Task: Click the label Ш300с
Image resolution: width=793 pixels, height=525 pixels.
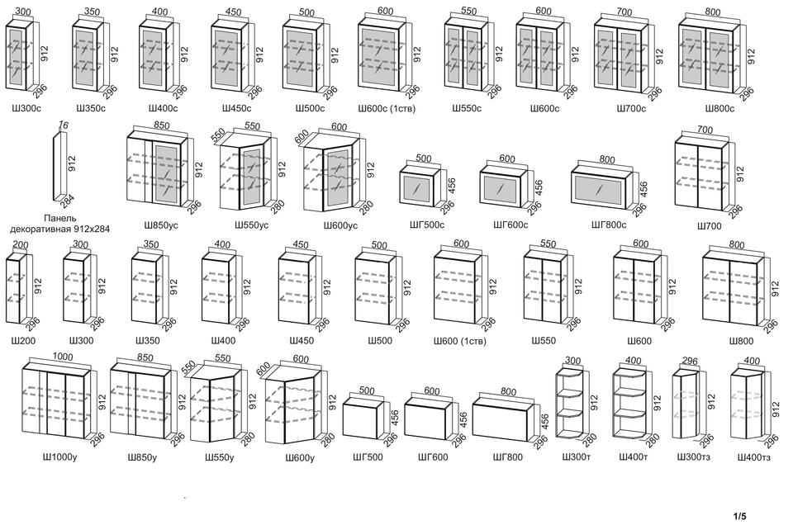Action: pos(26,108)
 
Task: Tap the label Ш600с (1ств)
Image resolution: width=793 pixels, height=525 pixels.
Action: pos(387,108)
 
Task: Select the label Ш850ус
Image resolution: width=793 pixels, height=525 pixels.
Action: pos(161,225)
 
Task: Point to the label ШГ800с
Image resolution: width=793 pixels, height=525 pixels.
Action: pos(609,225)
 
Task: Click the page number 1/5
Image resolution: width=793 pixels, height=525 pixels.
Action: pos(739,516)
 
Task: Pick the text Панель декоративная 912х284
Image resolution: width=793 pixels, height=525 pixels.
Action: pos(60,224)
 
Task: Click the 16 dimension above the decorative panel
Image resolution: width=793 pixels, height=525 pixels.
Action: pos(64,125)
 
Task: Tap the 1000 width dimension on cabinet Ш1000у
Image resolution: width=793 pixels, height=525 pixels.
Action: pos(62,357)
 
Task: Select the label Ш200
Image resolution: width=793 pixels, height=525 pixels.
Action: pos(23,341)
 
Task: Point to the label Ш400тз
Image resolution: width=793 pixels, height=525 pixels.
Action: pos(753,457)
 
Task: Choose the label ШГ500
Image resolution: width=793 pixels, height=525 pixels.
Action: pos(368,457)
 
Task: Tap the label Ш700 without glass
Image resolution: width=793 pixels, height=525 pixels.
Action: pos(709,226)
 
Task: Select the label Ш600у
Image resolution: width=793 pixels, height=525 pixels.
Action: pos(300,458)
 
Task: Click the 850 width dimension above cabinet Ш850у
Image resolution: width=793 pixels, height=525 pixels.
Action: pos(145,357)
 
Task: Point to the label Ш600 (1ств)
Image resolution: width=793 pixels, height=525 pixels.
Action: pos(460,341)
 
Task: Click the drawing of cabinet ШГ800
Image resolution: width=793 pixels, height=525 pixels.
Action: pos(504,418)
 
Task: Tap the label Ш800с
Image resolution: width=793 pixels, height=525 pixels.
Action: pos(720,108)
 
